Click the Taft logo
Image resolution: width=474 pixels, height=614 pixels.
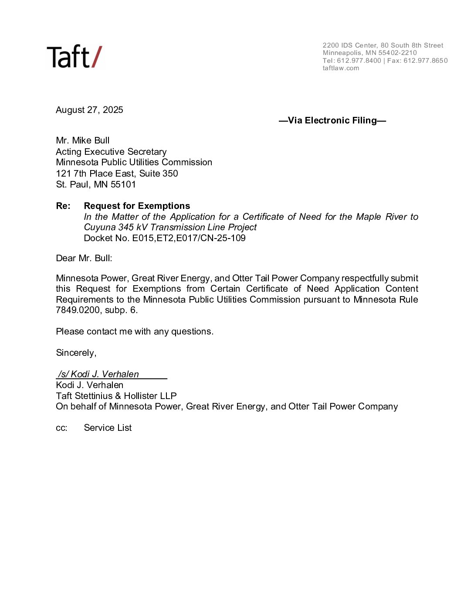74,57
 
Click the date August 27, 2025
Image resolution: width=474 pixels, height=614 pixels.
89,110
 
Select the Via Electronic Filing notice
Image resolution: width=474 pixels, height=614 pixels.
332,120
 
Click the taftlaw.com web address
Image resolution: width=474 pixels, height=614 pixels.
341,68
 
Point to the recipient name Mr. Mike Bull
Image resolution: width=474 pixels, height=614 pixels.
83,140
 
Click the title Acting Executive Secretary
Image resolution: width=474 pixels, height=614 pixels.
111,152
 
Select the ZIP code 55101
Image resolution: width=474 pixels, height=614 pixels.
123,184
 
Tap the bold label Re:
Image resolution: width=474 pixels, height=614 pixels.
63,206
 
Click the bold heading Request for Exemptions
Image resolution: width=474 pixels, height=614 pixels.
137,206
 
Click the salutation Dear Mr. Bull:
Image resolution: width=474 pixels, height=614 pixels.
84,258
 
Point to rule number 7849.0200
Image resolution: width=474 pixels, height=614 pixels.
78,310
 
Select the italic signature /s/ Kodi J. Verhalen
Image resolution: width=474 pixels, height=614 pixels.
98,374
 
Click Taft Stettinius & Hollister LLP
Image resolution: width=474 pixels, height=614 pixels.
116,396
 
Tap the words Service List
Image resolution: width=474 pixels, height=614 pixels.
108,428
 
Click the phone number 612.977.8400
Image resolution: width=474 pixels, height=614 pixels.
359,61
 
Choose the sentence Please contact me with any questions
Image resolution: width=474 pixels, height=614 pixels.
135,331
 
